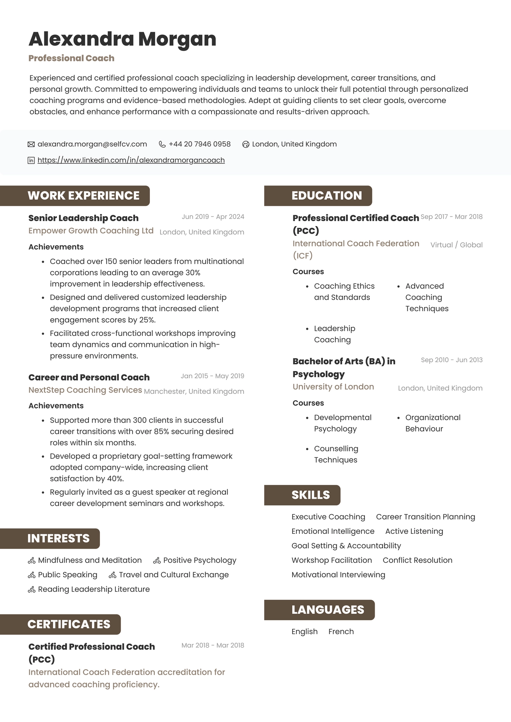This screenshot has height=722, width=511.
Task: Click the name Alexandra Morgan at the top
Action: [x=122, y=39]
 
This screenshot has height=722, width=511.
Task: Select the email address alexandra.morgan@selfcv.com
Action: [x=92, y=144]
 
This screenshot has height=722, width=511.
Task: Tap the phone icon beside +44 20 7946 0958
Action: [x=162, y=144]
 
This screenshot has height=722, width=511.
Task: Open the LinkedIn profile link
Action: [x=131, y=160]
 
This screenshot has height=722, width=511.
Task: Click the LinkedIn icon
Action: [x=31, y=161]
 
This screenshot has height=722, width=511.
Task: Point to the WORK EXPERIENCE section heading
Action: [x=83, y=196]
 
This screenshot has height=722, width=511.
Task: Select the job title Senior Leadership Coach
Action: [x=83, y=218]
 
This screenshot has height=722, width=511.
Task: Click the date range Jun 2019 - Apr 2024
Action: [x=213, y=217]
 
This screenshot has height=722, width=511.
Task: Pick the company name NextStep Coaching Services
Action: [x=85, y=390]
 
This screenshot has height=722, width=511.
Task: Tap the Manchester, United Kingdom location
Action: [x=194, y=391]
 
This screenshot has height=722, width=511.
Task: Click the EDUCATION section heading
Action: [x=326, y=196]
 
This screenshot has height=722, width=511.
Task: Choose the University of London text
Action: [x=333, y=387]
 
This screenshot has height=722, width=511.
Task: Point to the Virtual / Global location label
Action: [x=456, y=245]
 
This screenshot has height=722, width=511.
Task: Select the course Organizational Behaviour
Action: [x=433, y=423]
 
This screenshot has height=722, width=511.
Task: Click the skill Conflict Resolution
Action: [x=417, y=560]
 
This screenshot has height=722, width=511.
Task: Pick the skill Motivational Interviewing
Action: [x=338, y=575]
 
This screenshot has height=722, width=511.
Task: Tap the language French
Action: [x=341, y=632]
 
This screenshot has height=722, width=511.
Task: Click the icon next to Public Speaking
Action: [x=31, y=575]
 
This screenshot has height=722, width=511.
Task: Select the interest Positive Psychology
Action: [x=199, y=560]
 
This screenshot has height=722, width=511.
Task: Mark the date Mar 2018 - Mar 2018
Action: [x=213, y=645]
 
